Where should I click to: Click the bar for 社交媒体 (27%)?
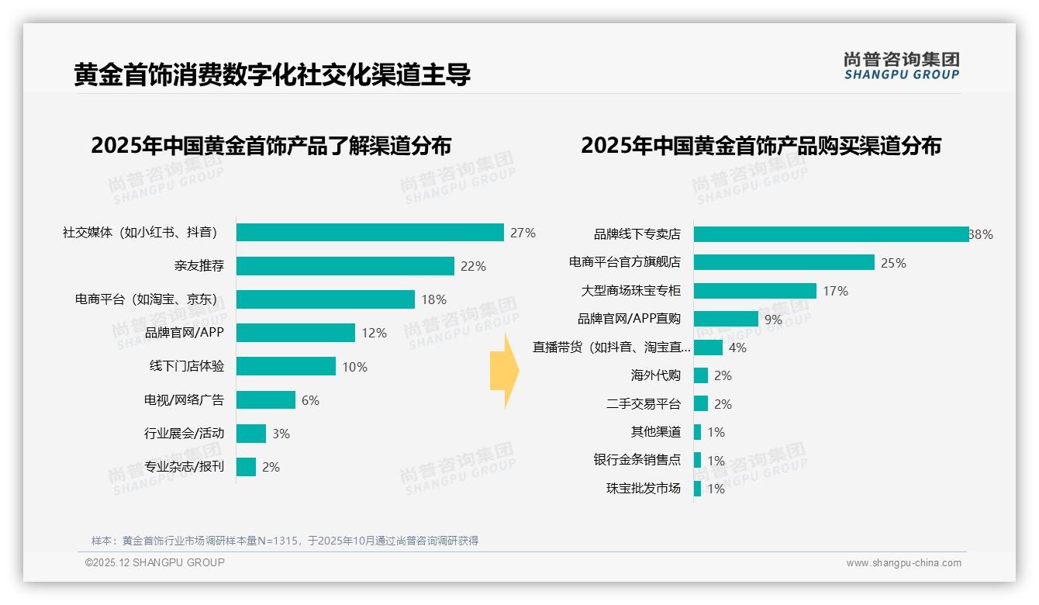coord(370,233)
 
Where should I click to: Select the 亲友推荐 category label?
coord(199,266)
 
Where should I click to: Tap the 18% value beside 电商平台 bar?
coord(433,299)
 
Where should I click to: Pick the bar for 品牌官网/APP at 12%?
coord(295,333)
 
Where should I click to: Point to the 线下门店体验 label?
coord(187,366)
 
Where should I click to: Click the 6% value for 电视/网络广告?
coord(310,400)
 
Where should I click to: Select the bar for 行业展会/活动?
coord(251,434)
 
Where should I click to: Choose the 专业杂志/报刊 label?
coord(184,467)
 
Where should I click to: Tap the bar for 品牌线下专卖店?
coord(830,234)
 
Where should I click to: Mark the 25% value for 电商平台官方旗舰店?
coord(893,263)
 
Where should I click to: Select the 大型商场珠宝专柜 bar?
coord(754,291)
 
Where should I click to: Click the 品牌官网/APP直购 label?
coord(629,319)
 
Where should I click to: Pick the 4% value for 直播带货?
coord(737,347)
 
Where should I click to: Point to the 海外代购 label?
coord(655,375)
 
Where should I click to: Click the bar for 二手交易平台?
coord(700,404)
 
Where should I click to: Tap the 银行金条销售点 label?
coord(637,460)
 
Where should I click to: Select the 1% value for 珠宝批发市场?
coord(716,489)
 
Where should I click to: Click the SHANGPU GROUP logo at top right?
coord(901,65)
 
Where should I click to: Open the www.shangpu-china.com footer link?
coord(903,563)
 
